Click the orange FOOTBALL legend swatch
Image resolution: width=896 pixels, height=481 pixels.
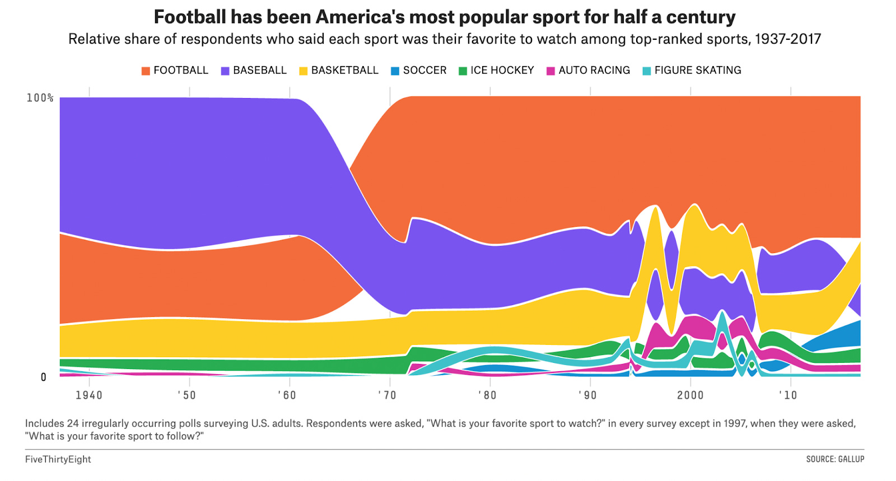[x=146, y=71]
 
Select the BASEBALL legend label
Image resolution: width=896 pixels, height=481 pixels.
[x=259, y=71]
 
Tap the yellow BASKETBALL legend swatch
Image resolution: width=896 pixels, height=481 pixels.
[x=304, y=71]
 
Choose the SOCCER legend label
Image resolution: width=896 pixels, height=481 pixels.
[x=424, y=71]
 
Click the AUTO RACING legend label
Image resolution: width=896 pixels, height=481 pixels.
[x=594, y=71]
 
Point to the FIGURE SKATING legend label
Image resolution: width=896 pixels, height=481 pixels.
[x=697, y=71]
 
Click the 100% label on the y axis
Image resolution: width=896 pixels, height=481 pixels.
[x=40, y=98]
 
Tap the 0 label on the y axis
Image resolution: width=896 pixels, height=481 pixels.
[x=44, y=377]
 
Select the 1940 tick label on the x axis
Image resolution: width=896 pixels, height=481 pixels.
[x=89, y=395]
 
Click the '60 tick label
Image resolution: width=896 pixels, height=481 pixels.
[x=287, y=395]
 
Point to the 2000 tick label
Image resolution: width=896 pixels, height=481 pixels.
[x=690, y=395]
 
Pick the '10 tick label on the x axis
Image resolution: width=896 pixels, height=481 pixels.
[x=788, y=395]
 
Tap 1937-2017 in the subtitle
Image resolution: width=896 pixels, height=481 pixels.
[x=787, y=39]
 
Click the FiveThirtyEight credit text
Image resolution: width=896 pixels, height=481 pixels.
[x=58, y=459]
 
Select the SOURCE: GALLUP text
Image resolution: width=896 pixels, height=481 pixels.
[x=835, y=459]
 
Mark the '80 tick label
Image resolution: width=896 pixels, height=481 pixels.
[x=487, y=395]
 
